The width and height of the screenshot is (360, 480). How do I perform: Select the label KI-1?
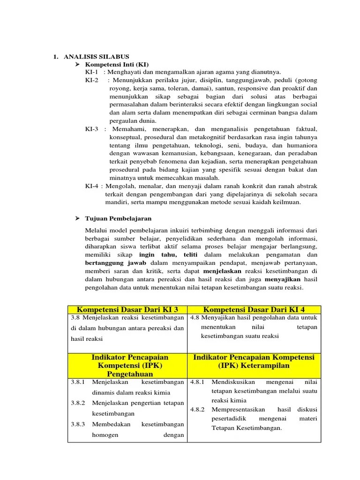click(92, 72)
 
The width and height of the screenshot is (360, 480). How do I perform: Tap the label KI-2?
click(92, 80)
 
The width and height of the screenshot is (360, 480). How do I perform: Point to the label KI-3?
click(92, 129)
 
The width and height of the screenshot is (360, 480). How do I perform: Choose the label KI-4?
click(92, 186)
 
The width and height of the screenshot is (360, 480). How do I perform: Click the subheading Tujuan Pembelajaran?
click(118, 218)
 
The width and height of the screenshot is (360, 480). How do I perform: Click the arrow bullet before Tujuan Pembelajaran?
click(78, 218)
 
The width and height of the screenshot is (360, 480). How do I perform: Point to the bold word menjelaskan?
click(222, 271)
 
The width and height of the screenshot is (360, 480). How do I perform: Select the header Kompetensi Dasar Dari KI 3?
click(127, 310)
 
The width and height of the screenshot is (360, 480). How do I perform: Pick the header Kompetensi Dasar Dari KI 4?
click(254, 310)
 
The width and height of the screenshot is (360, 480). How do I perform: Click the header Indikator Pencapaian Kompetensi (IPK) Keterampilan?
click(254, 361)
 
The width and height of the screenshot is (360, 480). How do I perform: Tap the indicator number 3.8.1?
click(78, 382)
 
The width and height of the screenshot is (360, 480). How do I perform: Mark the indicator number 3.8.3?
click(78, 424)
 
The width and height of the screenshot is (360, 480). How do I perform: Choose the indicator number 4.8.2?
click(197, 409)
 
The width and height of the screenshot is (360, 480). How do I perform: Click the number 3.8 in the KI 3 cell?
click(76, 318)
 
